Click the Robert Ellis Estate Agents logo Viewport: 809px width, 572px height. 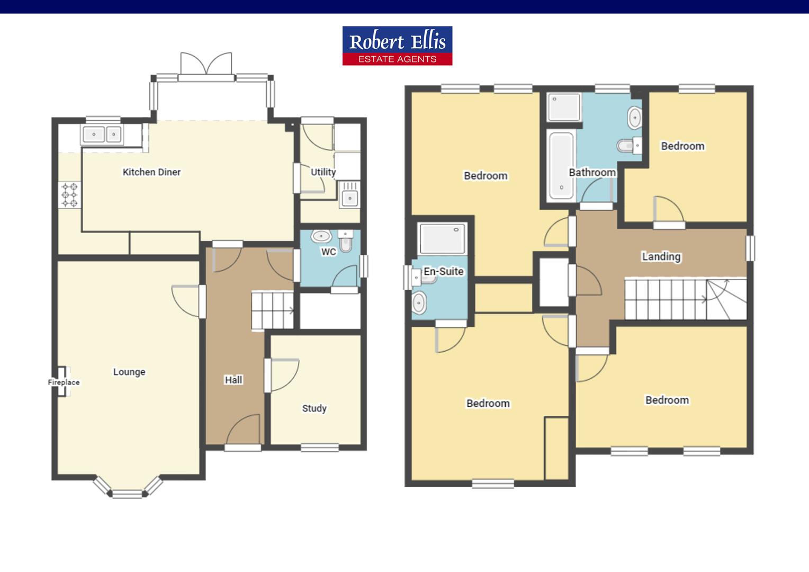pyautogui.click(x=397, y=46)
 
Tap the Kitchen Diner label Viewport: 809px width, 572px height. pyautogui.click(x=151, y=172)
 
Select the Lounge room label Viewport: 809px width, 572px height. pyautogui.click(x=129, y=372)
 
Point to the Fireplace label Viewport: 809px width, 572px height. pyautogui.click(x=64, y=382)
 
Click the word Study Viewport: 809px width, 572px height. pyautogui.click(x=314, y=408)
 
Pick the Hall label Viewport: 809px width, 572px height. pyautogui.click(x=233, y=380)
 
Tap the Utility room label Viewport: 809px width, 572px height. pyautogui.click(x=323, y=172)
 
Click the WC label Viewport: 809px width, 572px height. pyautogui.click(x=329, y=252)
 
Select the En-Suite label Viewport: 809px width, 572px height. pyautogui.click(x=444, y=271)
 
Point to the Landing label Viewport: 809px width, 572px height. pyautogui.click(x=661, y=256)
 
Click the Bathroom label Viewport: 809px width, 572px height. pyautogui.click(x=592, y=172)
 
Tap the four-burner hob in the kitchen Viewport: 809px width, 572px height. pyautogui.click(x=70, y=195)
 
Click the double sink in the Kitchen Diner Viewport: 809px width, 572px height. pyautogui.click(x=103, y=135)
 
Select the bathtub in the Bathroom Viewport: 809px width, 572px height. pyautogui.click(x=561, y=165)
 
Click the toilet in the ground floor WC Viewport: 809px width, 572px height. pyautogui.click(x=346, y=242)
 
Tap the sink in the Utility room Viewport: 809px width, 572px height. pyautogui.click(x=349, y=195)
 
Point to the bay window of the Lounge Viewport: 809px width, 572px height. pyautogui.click(x=128, y=488)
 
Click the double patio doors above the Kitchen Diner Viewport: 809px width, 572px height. pyautogui.click(x=206, y=65)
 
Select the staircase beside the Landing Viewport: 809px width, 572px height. pyautogui.click(x=686, y=299)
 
